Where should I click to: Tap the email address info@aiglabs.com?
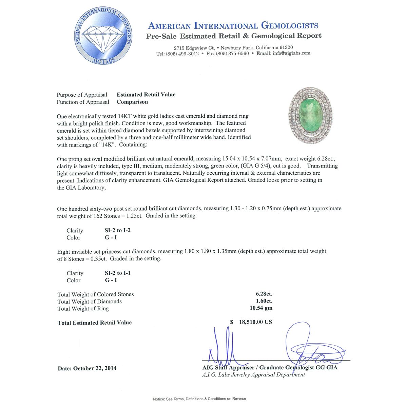pos(291,53)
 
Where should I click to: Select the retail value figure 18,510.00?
pos(255,322)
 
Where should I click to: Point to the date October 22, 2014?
pos(87,368)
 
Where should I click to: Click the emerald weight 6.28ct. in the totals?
pos(264,294)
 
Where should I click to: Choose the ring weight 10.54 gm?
pos(261,308)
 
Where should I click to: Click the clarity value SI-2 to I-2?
pos(118,230)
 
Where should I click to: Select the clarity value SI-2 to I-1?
pos(118,273)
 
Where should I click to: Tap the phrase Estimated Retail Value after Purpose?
pos(146,95)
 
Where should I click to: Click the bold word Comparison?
pos(132,102)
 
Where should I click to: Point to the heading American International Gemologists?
pos(233,26)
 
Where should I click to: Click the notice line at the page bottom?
pos(199,399)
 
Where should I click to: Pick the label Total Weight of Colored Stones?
pos(96,294)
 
